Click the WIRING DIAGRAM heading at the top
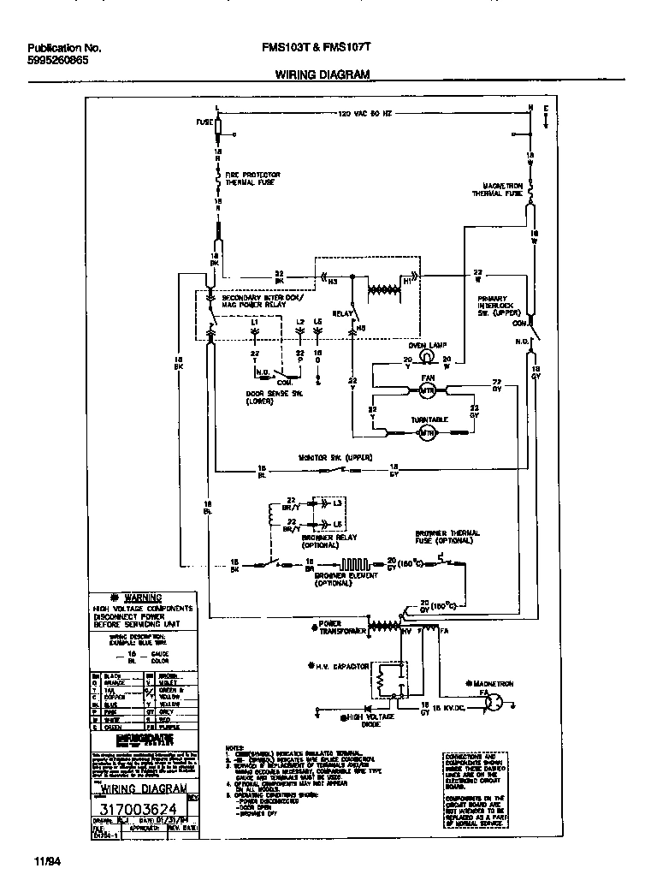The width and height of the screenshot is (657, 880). pos(322,74)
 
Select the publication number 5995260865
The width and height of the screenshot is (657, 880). pos(56,62)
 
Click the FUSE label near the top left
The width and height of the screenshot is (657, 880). pos(204,122)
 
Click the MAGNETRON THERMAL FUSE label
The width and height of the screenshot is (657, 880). pos(498,190)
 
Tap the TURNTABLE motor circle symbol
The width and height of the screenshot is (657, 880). pos(427,434)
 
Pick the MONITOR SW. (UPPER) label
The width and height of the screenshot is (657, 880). pos(334,458)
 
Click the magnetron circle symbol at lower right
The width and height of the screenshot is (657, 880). pos(494,702)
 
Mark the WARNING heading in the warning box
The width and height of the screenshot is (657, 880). pos(142,598)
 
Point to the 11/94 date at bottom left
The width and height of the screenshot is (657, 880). pos(48,859)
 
